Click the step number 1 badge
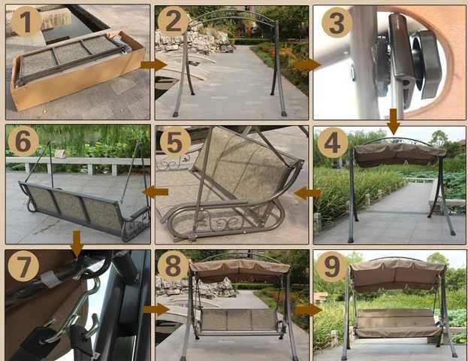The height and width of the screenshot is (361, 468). (26, 22)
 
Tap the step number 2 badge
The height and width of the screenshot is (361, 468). (173, 22)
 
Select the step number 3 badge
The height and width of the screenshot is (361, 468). (337, 23)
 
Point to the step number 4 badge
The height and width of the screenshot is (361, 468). (332, 143)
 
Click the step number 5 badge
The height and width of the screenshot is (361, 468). (175, 141)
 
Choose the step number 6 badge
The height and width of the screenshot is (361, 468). (23, 141)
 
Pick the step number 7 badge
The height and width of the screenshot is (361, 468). (23, 265)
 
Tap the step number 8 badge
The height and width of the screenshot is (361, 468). (173, 265)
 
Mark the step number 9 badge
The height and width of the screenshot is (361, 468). (331, 266)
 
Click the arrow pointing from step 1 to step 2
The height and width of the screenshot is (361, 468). (153, 65)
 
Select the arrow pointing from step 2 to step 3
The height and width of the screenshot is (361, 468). (307, 65)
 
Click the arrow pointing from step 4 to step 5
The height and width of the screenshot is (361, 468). (308, 193)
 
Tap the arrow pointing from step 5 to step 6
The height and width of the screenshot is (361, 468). (155, 192)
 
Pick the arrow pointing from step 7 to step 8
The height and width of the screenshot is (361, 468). (156, 309)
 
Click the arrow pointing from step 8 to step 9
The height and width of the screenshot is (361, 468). (309, 310)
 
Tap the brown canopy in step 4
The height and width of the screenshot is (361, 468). (400, 154)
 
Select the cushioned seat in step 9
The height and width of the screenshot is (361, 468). (397, 323)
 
